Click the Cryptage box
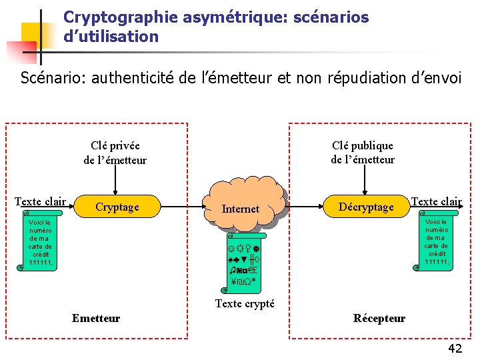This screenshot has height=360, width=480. click(117, 207)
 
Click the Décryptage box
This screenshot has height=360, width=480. click(366, 207)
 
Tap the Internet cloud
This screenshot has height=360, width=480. click(240, 207)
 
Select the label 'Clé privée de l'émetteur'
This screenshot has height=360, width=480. click(115, 153)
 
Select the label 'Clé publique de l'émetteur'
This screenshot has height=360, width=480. click(363, 153)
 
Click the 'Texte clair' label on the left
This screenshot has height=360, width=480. click(41, 201)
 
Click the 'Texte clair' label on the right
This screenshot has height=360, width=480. click(437, 201)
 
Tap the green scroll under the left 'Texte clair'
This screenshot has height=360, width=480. click(40, 242)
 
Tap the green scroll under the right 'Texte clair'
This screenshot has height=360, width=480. click(435, 241)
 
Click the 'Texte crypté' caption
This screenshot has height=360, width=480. click(245, 303)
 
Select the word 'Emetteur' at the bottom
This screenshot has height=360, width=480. click(96, 318)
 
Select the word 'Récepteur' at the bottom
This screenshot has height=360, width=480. click(379, 318)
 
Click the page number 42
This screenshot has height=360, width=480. click(455, 347)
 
